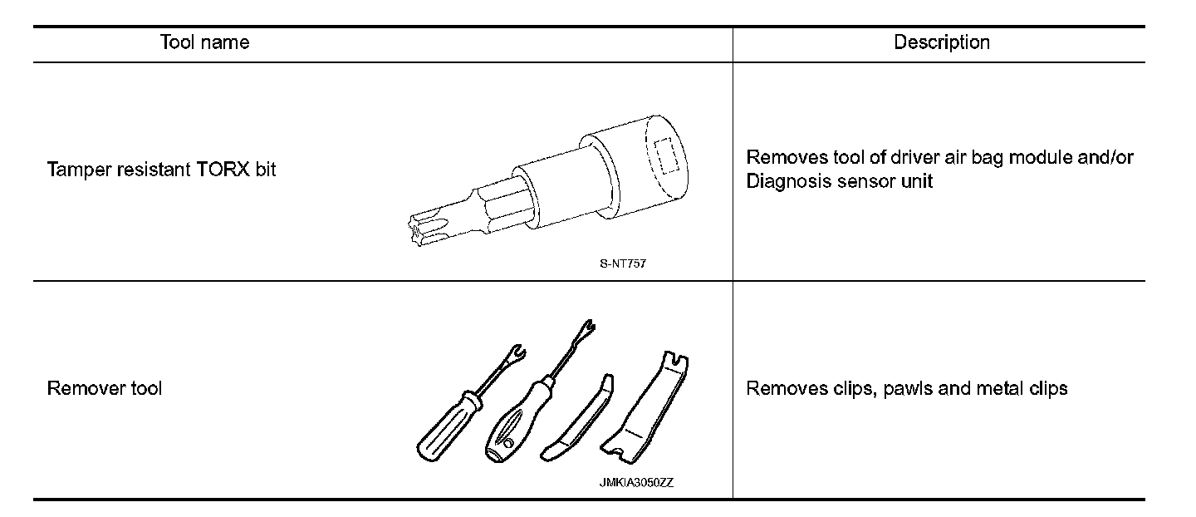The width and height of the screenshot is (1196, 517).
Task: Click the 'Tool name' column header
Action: (204, 42)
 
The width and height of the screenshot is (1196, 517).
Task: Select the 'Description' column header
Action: (941, 42)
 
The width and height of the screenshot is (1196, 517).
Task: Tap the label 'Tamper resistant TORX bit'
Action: (161, 170)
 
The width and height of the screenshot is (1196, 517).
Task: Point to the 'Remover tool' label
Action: (104, 388)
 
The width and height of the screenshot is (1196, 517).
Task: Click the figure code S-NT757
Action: (621, 264)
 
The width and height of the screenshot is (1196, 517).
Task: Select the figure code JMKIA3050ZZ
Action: (636, 483)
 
